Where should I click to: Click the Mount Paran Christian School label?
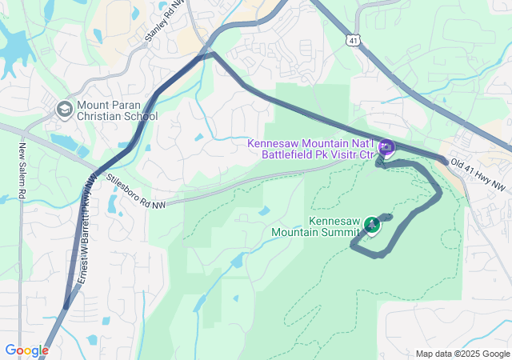click(118, 110)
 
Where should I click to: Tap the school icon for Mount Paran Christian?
click(64, 108)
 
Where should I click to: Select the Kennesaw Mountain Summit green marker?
click(371, 225)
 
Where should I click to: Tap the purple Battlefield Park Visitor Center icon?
click(386, 146)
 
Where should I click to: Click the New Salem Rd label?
click(22, 171)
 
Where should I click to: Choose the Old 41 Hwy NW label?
click(478, 174)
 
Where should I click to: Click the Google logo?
click(26, 350)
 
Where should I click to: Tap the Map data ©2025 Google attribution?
click(462, 354)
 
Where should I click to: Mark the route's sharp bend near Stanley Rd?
click(212, 54)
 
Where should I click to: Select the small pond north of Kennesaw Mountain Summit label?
click(263, 211)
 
